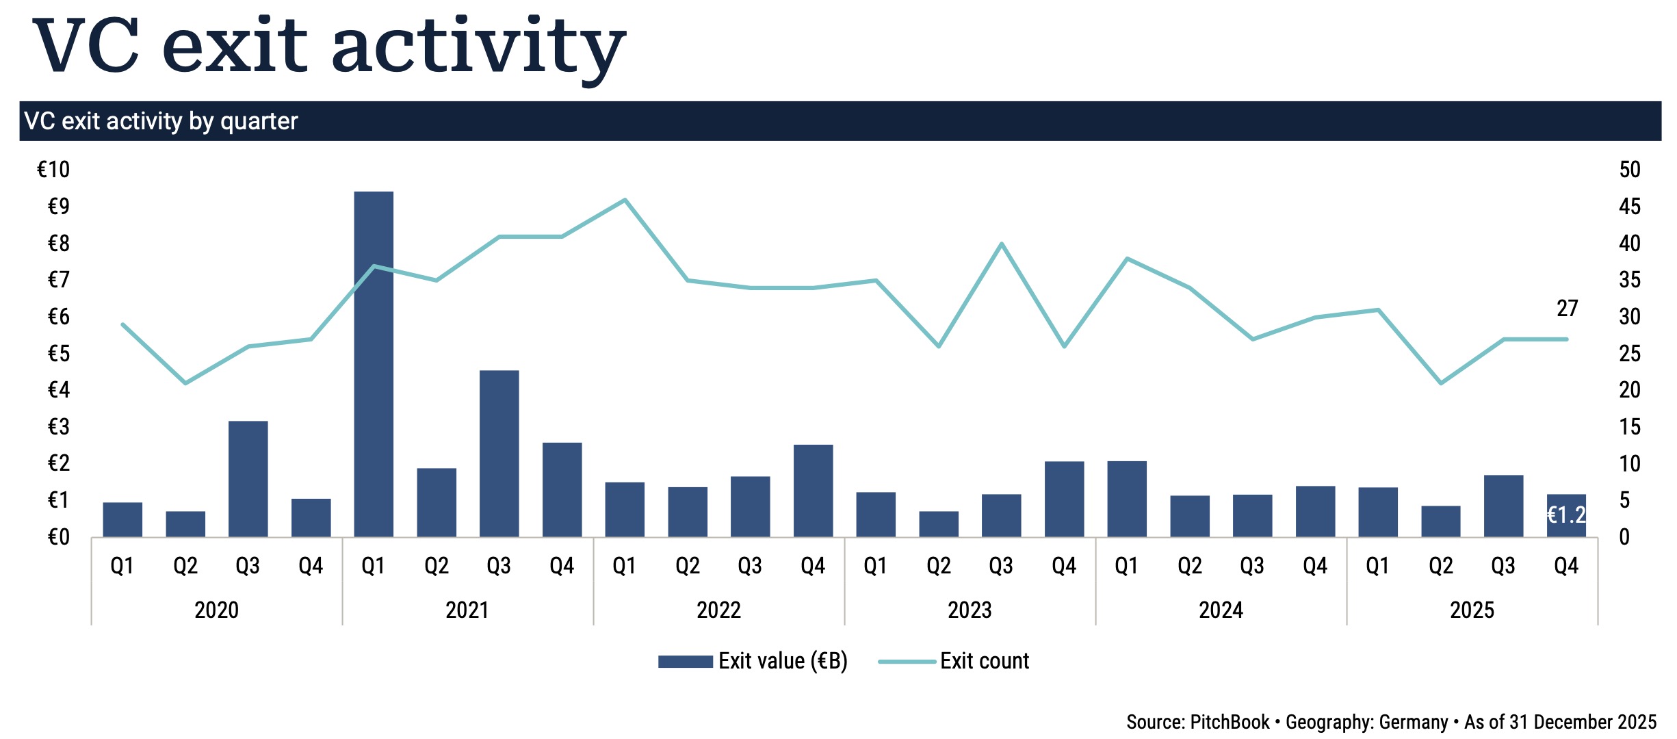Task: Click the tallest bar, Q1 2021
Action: point(374,363)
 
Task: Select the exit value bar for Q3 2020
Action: point(248,479)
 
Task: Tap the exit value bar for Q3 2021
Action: point(499,453)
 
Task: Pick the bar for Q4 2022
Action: point(813,490)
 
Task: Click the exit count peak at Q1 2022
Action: point(625,200)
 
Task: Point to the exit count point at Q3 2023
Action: point(1001,244)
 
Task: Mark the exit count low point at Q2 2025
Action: point(1441,383)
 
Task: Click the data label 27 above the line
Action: point(1567,309)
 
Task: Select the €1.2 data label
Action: point(1566,515)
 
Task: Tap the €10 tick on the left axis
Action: point(53,170)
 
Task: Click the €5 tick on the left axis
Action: point(58,354)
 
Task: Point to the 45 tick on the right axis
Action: point(1629,207)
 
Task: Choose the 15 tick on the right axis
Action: point(1629,427)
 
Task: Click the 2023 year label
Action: point(970,610)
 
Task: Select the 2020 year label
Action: point(216,610)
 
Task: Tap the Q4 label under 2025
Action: point(1566,566)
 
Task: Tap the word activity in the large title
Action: point(478,47)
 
